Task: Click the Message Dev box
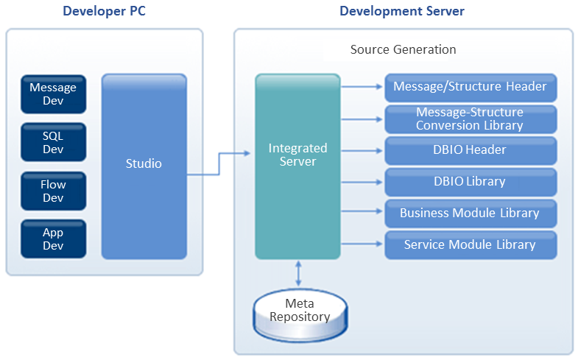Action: [x=53, y=93]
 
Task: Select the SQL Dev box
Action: [x=53, y=141]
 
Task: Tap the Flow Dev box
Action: [x=53, y=191]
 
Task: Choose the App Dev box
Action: [x=53, y=239]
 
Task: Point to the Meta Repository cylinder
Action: [x=299, y=310]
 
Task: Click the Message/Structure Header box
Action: [x=470, y=87]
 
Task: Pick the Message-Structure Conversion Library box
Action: [x=470, y=119]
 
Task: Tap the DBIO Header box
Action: [x=470, y=150]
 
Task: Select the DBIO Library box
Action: [x=470, y=182]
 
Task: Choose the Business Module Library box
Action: [x=470, y=213]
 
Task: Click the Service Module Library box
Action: [x=470, y=245]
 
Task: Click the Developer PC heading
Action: [x=105, y=11]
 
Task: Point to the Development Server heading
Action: [x=402, y=11]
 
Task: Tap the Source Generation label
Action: [x=403, y=49]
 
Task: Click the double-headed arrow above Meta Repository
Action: [x=298, y=272]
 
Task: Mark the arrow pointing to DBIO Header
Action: [x=362, y=150]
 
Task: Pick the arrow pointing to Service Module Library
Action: [x=362, y=245]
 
